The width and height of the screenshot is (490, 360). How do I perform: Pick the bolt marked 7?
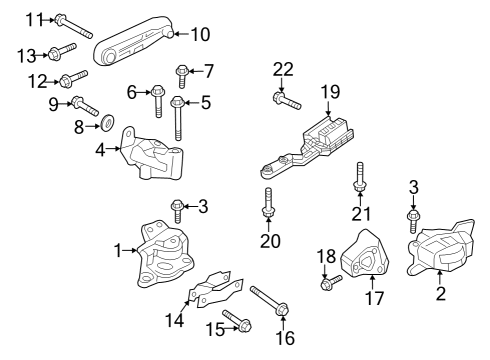pos(183,71)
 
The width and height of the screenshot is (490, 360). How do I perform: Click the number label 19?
pos(330,91)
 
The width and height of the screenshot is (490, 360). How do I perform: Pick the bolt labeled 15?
pos(238,321)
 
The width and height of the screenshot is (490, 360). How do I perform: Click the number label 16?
pos(285,338)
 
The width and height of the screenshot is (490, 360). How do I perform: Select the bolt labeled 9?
pos(83,104)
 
